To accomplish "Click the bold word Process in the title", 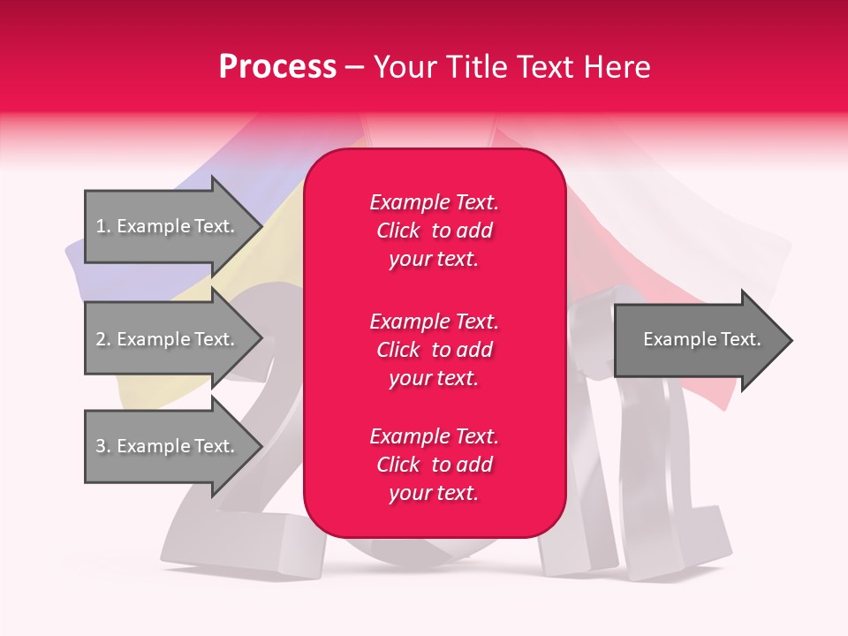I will pyautogui.click(x=277, y=67).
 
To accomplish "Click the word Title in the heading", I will pyautogui.click(x=472, y=67).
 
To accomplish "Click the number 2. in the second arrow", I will pyautogui.click(x=102, y=339).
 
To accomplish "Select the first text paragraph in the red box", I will pyautogui.click(x=434, y=231).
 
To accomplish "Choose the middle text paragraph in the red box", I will pyautogui.click(x=434, y=350).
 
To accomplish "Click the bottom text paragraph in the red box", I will pyautogui.click(x=434, y=465).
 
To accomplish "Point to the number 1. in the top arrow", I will pyautogui.click(x=102, y=226).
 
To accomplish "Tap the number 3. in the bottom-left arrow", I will pyautogui.click(x=102, y=446).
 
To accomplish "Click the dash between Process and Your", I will pyautogui.click(x=354, y=68).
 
